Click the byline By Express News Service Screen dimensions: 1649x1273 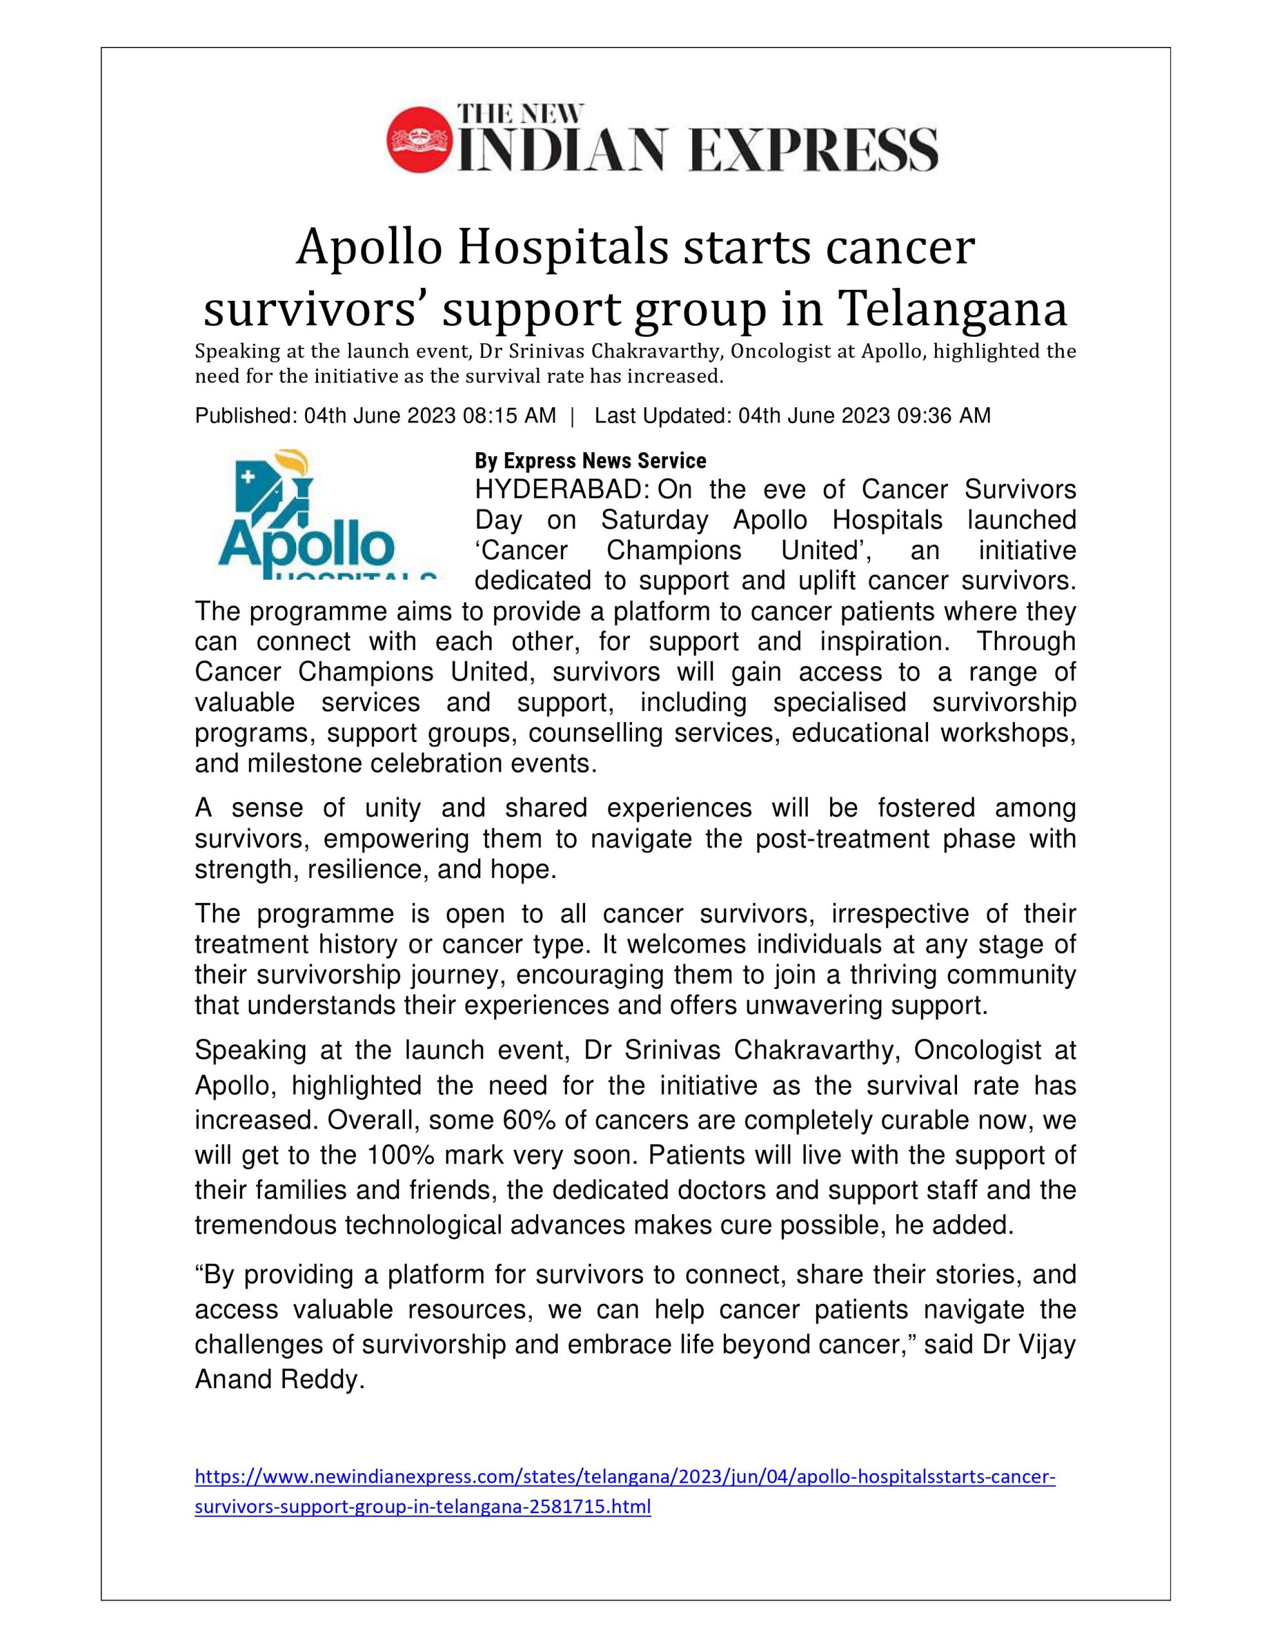click(x=590, y=461)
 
